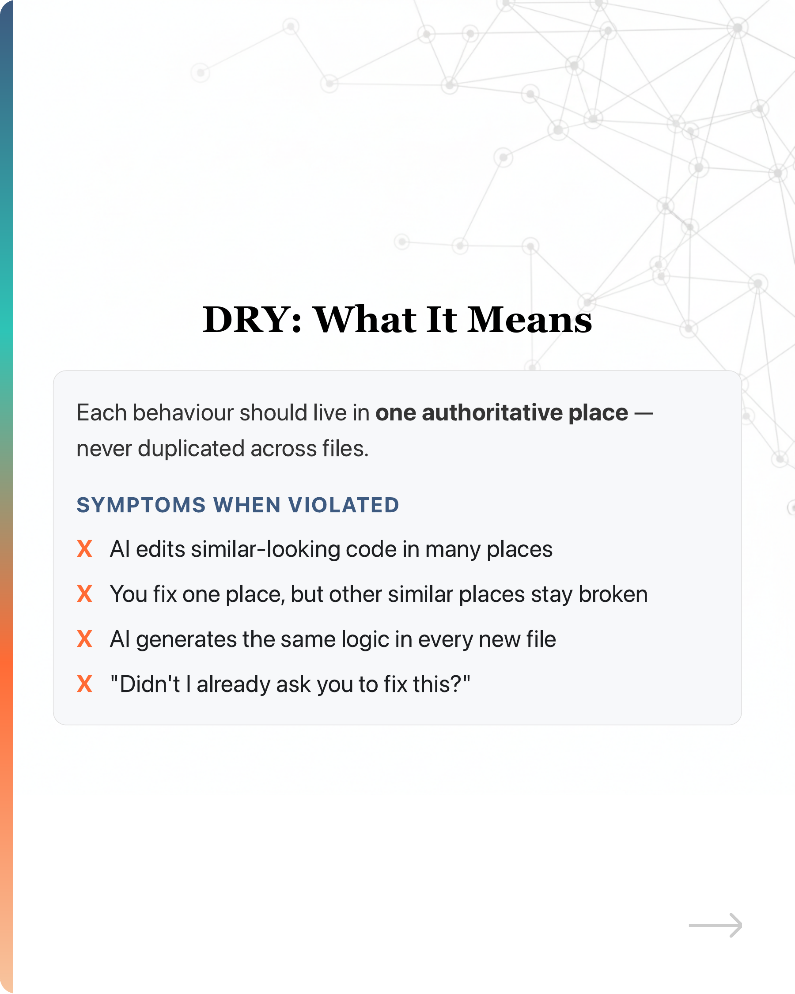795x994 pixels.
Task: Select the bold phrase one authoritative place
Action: pyautogui.click(x=501, y=412)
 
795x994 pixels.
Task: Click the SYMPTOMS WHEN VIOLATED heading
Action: pyautogui.click(x=238, y=505)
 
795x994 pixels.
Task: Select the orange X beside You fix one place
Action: pyautogui.click(x=84, y=594)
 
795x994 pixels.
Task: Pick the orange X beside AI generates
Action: pyautogui.click(x=84, y=639)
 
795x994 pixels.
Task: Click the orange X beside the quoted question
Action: pyautogui.click(x=84, y=684)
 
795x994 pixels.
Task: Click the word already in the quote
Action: pyautogui.click(x=233, y=684)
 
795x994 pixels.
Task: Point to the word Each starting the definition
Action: pyautogui.click(x=102, y=412)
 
